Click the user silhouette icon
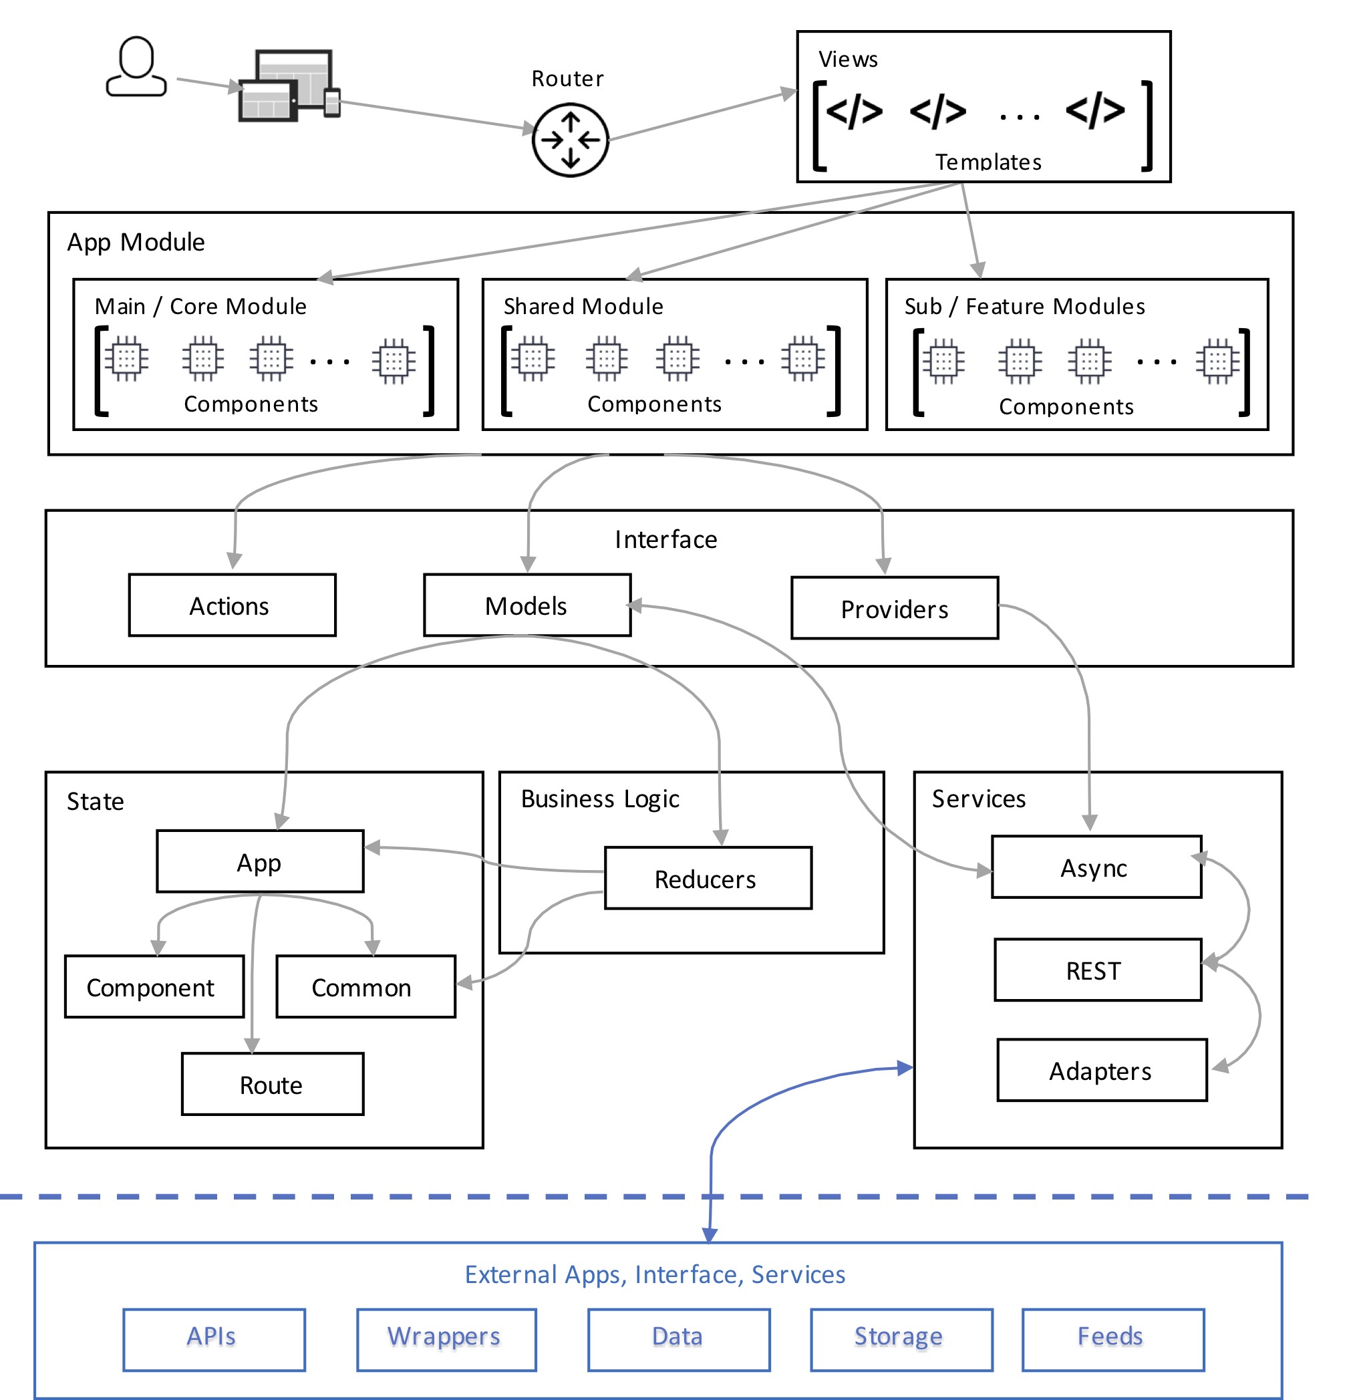pyautogui.click(x=136, y=66)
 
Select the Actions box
pyautogui.click(x=232, y=605)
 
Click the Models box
pyautogui.click(x=527, y=605)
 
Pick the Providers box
pyautogui.click(x=894, y=608)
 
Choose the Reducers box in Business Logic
pyautogui.click(x=708, y=878)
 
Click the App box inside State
pyautogui.click(x=260, y=861)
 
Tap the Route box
pyautogui.click(x=272, y=1083)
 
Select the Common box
pyautogui.click(x=365, y=986)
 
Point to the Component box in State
pyautogui.click(x=154, y=986)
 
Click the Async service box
pyautogui.click(x=1096, y=867)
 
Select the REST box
pyautogui.click(x=1097, y=969)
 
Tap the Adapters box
pyautogui.click(x=1102, y=1070)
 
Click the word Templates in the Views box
pyautogui.click(x=988, y=162)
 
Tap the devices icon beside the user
pyautogui.click(x=289, y=85)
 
